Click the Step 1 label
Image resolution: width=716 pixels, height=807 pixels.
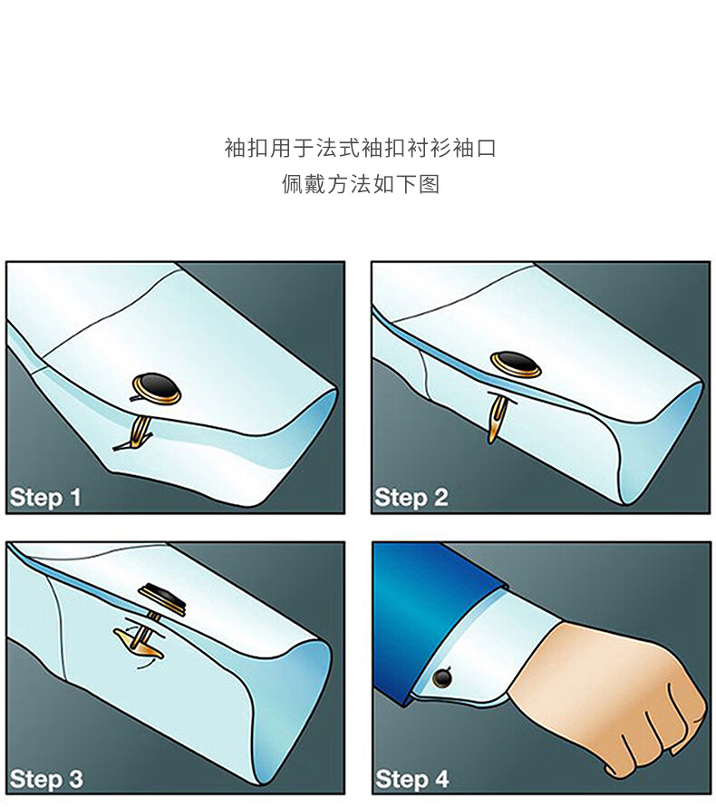[45, 498]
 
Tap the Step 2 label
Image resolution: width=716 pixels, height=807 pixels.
[411, 498]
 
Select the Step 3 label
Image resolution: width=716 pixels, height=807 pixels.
[46, 779]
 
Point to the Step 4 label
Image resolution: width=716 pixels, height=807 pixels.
[412, 779]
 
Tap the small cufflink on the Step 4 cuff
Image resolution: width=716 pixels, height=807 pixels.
[442, 678]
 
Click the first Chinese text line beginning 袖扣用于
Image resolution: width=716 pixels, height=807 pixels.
[360, 148]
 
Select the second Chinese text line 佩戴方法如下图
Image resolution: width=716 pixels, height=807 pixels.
[360, 184]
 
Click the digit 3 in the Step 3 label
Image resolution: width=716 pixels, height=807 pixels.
[75, 779]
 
